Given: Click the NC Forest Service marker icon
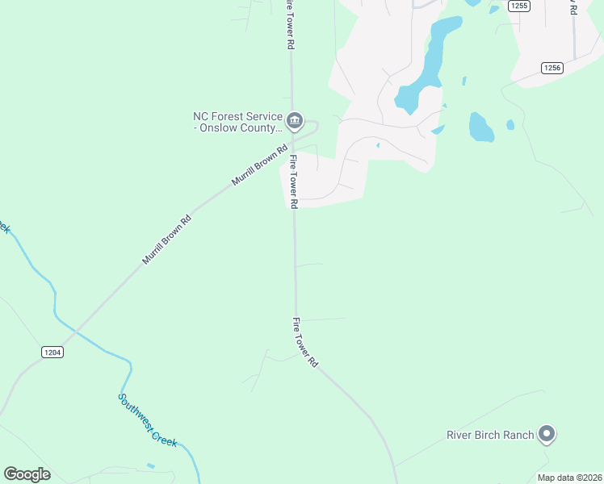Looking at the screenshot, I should [x=294, y=122].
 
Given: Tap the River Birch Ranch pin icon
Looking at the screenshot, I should [x=547, y=435].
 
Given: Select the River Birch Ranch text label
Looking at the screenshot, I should [x=490, y=436].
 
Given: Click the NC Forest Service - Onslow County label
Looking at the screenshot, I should [x=237, y=122].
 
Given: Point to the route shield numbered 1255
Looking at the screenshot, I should [x=518, y=6].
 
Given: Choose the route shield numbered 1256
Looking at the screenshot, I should [x=552, y=68].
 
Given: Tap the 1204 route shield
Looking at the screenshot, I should [x=51, y=352].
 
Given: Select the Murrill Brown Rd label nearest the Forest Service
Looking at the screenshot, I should [x=260, y=165].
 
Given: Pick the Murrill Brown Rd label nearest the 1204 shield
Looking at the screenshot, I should [x=168, y=240].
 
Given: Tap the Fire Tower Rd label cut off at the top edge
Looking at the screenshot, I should [x=289, y=24].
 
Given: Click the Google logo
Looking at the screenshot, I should [x=27, y=474].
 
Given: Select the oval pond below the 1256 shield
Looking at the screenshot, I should [x=480, y=127].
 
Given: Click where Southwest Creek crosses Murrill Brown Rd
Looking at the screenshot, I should [x=74, y=330].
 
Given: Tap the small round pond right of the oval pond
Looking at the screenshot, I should [x=510, y=125].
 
